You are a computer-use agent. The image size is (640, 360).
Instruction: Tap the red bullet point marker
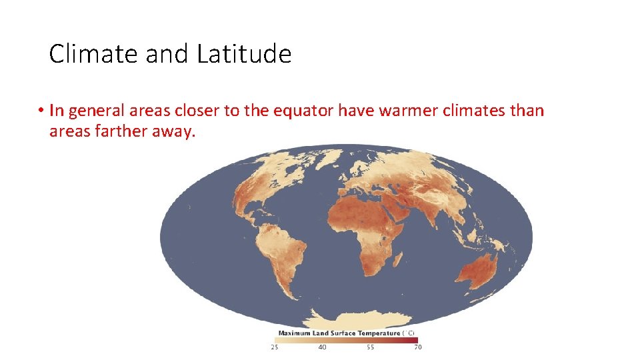(x=41, y=111)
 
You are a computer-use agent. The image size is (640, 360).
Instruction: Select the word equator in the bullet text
(x=302, y=111)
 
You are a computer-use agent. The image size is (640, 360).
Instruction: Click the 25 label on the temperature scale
(x=274, y=347)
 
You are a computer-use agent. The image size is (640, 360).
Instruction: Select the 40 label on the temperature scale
(x=322, y=347)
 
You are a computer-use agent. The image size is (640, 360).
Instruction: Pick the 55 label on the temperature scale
(x=370, y=347)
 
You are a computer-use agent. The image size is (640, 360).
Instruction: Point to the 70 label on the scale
(x=417, y=347)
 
